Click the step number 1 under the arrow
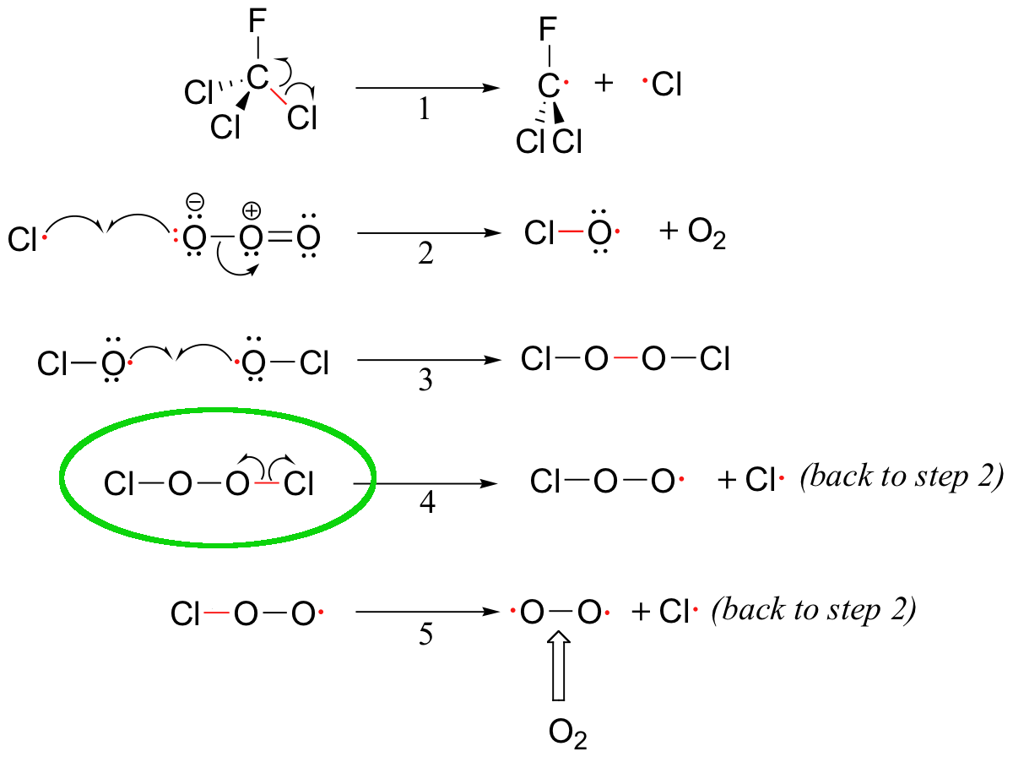click(425, 109)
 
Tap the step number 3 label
click(425, 379)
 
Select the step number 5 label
click(425, 634)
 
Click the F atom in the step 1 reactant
click(257, 21)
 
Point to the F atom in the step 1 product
click(548, 29)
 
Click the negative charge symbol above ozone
click(195, 202)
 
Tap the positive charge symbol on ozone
click(252, 210)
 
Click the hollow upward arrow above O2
click(559, 666)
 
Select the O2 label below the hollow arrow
click(567, 732)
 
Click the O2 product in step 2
click(707, 234)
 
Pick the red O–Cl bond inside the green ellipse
click(267, 483)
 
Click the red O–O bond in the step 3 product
click(626, 358)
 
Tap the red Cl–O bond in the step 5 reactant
click(216, 613)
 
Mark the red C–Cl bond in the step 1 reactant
click(279, 95)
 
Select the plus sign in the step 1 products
click(604, 84)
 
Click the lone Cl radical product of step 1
click(663, 84)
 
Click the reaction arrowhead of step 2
click(492, 233)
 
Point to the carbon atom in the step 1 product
click(548, 85)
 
